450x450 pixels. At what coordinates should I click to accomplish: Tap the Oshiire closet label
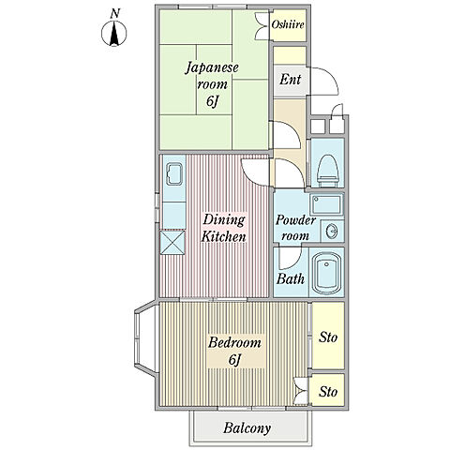tap(288, 24)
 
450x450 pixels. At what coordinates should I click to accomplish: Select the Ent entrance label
tap(291, 80)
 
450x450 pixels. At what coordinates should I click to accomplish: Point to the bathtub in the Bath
tap(326, 273)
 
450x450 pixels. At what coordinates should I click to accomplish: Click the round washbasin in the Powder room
tap(332, 232)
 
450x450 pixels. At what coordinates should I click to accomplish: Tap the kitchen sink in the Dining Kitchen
tap(174, 174)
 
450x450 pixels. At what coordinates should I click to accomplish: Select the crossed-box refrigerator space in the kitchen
tap(172, 243)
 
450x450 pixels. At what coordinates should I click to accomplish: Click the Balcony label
tap(247, 427)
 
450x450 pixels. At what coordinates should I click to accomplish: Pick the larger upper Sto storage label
tap(328, 337)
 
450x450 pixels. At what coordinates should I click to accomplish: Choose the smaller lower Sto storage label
tap(328, 392)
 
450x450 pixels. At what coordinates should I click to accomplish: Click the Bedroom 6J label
tap(234, 351)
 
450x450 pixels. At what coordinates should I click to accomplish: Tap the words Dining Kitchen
tap(224, 228)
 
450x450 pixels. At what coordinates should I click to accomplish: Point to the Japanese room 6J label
tap(212, 84)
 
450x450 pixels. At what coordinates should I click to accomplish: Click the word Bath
tap(291, 278)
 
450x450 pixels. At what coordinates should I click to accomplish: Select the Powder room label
tap(295, 228)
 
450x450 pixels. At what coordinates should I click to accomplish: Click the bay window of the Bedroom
tap(145, 337)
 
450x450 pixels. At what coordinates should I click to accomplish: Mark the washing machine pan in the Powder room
tap(326, 204)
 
